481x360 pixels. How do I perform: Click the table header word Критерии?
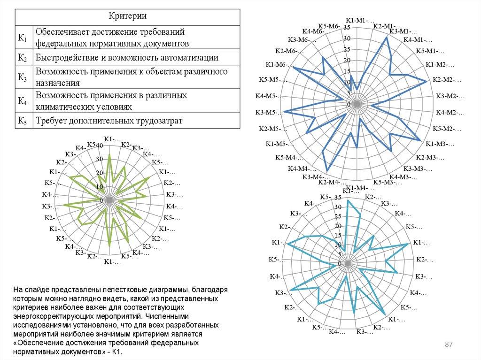[127, 16]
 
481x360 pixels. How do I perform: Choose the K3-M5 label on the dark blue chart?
[267, 112]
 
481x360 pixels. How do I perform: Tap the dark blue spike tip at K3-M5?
[284, 112]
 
